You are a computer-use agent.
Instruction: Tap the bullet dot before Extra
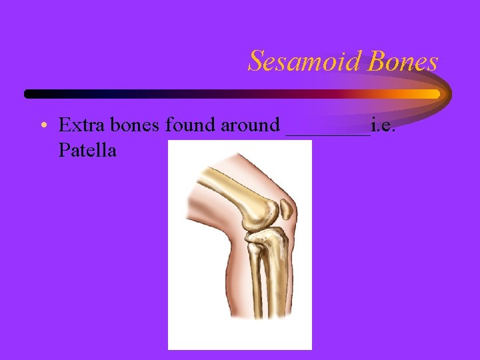[x=43, y=126]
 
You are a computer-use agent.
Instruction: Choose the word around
[x=253, y=125]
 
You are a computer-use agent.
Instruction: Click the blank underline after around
[x=327, y=133]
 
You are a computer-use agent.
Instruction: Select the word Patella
[x=87, y=151]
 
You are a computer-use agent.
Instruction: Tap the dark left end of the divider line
[x=30, y=94]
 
